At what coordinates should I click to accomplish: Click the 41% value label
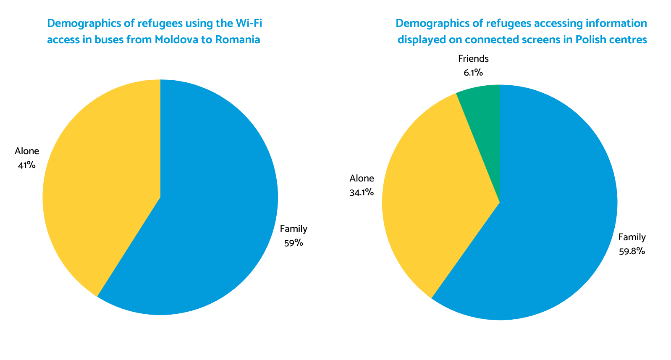[26, 165]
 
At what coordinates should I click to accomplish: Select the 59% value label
[294, 243]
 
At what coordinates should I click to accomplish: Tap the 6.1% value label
[473, 73]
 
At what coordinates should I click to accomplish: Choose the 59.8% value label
[632, 252]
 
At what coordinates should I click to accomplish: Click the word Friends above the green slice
[473, 59]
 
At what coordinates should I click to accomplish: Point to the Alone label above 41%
[27, 151]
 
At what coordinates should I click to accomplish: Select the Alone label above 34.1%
[362, 179]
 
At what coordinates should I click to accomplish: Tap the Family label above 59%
[294, 229]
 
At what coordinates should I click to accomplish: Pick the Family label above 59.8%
[632, 237]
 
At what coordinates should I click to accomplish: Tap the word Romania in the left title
[238, 40]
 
